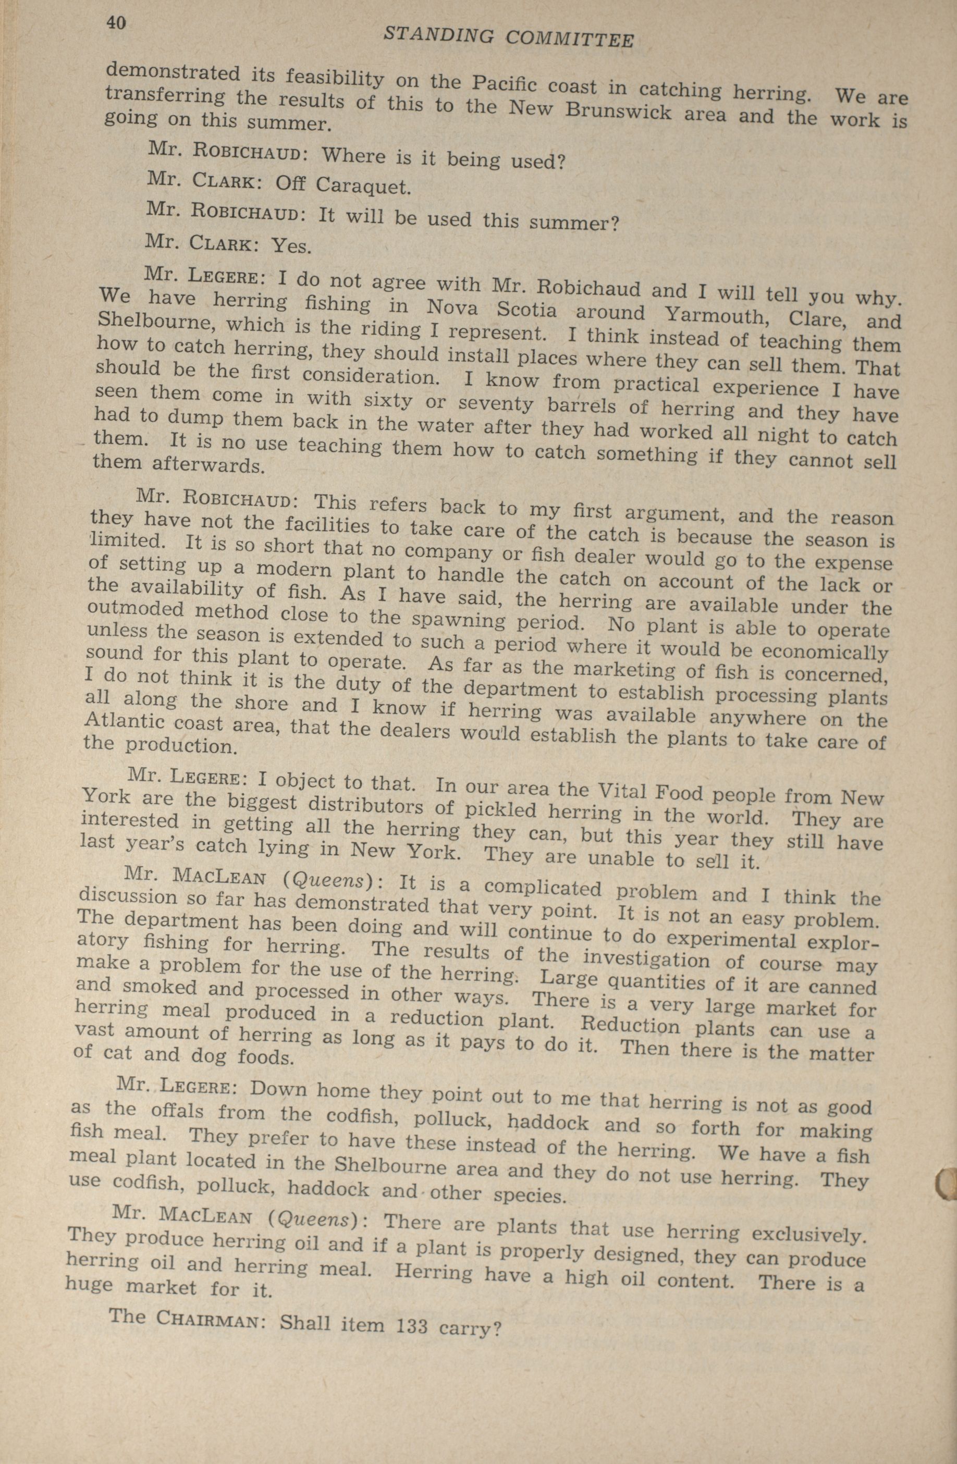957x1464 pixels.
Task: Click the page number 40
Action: pyautogui.click(x=116, y=23)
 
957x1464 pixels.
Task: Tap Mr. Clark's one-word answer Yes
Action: pyautogui.click(x=291, y=246)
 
